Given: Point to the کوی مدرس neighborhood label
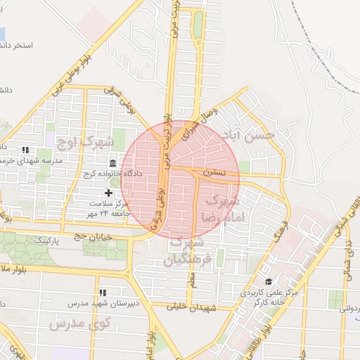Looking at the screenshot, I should (x=82, y=324).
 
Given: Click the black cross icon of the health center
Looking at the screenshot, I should (x=108, y=193).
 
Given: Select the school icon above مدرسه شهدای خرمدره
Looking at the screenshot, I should (x=26, y=150).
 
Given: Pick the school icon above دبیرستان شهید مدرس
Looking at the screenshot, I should (x=103, y=292).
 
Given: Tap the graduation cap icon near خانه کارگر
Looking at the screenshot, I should (x=269, y=281).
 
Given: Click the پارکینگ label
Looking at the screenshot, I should (x=59, y=240).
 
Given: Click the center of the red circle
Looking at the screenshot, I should (x=180, y=180).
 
